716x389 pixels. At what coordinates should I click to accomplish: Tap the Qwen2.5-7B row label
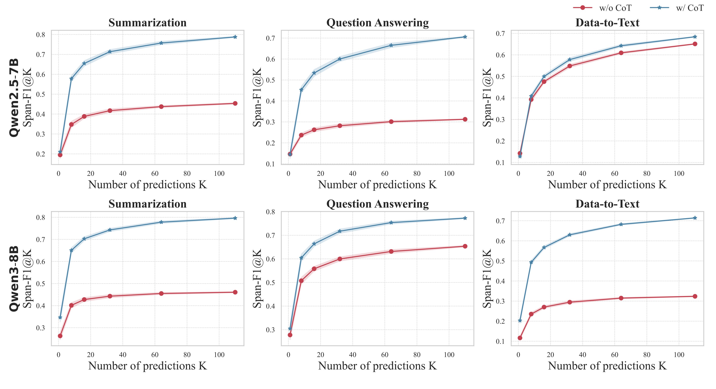click(x=14, y=97)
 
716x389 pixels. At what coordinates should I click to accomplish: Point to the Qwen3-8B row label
click(x=14, y=279)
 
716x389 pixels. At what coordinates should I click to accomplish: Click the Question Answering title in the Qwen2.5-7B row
click(x=377, y=23)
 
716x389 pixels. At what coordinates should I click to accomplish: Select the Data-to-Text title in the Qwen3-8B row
click(x=607, y=204)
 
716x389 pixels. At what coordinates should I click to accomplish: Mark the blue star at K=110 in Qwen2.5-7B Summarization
click(x=235, y=37)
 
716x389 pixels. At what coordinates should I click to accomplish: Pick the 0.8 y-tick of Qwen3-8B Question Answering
click(x=270, y=212)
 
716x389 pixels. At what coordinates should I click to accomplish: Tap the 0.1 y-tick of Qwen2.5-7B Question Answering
click(x=270, y=164)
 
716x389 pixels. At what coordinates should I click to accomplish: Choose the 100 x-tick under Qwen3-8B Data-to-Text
click(x=679, y=355)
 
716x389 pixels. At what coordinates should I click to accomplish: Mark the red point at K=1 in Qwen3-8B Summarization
click(x=60, y=336)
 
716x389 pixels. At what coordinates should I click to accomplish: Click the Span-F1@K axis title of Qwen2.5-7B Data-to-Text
click(x=487, y=97)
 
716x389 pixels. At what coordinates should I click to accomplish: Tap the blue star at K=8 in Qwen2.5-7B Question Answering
click(x=301, y=90)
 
